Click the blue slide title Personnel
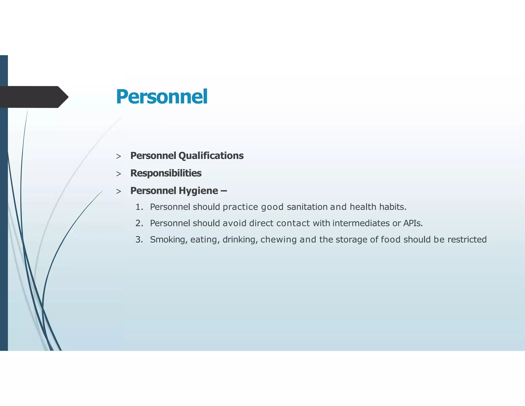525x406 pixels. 161,97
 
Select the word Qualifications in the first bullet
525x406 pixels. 211,156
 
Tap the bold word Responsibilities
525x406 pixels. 166,173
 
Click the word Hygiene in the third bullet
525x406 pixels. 198,191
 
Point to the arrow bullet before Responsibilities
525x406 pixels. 118,174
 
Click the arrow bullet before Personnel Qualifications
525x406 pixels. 118,156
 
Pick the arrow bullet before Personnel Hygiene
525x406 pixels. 118,191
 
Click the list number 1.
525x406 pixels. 139,207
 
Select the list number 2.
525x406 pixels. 139,223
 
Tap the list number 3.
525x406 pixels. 139,239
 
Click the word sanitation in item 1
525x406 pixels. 307,207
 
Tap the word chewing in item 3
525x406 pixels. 278,240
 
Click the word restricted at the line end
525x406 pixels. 467,239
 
